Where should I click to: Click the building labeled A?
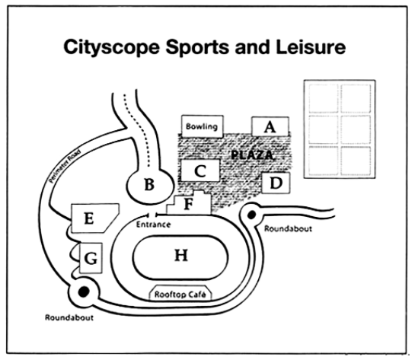pos(270,126)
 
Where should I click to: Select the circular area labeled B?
pos(150,186)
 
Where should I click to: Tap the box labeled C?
pos(200,170)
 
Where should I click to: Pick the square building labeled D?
pos(276,183)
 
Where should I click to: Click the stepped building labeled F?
pos(189,204)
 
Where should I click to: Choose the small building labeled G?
pos(91,258)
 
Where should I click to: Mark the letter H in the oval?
pos(181,256)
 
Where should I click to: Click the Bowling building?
pos(203,126)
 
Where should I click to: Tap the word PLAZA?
pos(252,155)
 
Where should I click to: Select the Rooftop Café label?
pos(180,295)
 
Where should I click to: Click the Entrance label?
pos(153,225)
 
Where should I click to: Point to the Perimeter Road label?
pos(65,167)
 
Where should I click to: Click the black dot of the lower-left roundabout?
pos(84,292)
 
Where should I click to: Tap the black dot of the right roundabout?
pos(251,215)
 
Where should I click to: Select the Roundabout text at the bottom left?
pos(69,317)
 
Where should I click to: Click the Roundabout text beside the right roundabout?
pos(289,228)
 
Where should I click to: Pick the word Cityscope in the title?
pos(111,47)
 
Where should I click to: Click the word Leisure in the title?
pos(311,47)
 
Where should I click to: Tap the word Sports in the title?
pos(197,48)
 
